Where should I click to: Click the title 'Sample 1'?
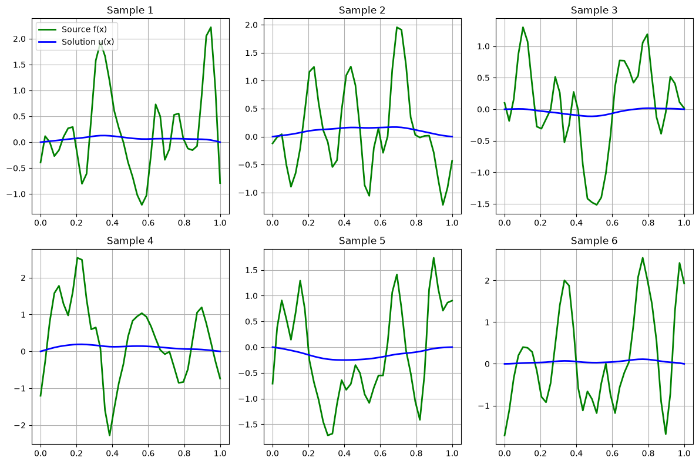point(130,10)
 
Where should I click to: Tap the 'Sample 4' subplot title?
point(130,241)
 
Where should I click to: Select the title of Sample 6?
point(594,241)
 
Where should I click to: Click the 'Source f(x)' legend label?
point(84,29)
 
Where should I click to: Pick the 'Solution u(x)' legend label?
point(88,42)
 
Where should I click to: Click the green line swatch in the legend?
point(48,29)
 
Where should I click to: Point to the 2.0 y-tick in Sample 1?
point(19,39)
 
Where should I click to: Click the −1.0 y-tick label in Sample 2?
point(248,193)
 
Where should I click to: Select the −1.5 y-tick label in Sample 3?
point(480,204)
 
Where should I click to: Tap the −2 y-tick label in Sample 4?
point(19,426)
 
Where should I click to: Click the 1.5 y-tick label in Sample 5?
point(252,271)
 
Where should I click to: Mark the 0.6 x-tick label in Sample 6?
point(613,453)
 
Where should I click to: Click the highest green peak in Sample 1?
point(210,28)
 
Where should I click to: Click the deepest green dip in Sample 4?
point(110,435)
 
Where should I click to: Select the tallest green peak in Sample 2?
point(396,28)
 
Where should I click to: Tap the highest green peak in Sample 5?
point(433,258)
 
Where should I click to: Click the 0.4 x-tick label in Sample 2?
point(344,223)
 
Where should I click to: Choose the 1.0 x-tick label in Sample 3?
point(684,223)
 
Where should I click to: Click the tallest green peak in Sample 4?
point(78,258)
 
